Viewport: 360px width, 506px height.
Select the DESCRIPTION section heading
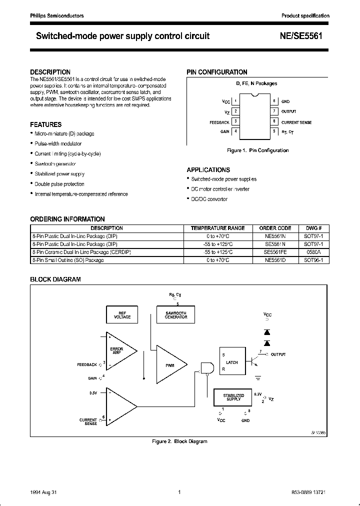tap(50, 72)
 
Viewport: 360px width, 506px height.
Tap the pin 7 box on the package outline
tap(275, 111)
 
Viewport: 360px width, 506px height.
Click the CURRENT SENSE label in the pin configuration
tap(296, 122)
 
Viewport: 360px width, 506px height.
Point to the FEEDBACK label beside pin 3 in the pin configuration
tap(219, 122)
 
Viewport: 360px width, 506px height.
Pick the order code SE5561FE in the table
tap(277, 252)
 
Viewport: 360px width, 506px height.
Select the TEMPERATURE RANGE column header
tap(218, 228)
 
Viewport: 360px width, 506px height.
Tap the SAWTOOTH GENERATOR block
tap(175, 314)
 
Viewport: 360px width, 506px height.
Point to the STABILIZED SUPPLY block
tap(233, 397)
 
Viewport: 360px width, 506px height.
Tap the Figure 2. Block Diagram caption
tap(179, 441)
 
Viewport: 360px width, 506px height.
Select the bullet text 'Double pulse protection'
tap(59, 184)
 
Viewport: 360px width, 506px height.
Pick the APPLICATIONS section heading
tap(208, 169)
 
